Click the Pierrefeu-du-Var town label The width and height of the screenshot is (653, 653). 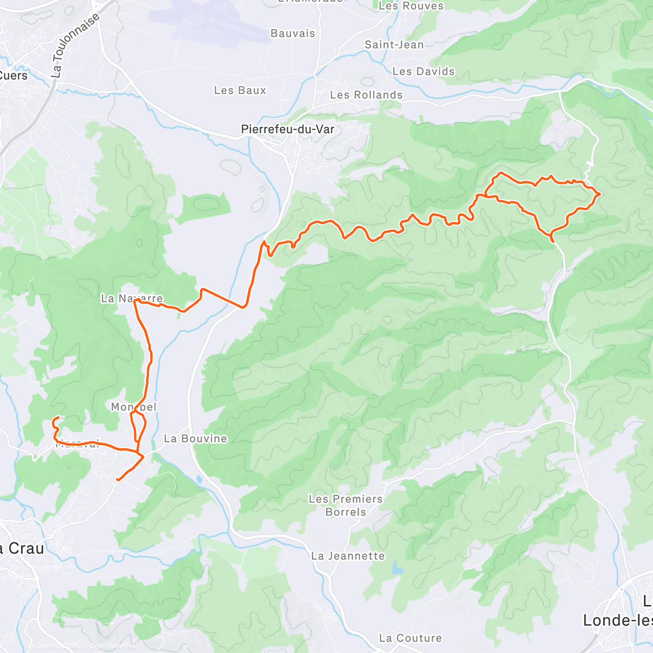(x=287, y=130)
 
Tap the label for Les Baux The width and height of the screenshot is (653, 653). (x=240, y=90)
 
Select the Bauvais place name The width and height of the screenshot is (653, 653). (x=293, y=34)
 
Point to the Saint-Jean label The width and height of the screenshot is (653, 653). (x=394, y=45)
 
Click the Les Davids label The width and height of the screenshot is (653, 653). (x=423, y=71)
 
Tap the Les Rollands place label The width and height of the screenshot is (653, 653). (x=366, y=95)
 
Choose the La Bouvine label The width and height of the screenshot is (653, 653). (x=195, y=439)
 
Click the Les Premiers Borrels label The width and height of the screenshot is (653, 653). (x=346, y=506)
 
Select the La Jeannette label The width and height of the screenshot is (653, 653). (x=348, y=556)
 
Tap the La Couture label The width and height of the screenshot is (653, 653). (x=410, y=638)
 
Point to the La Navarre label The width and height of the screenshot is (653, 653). (x=132, y=298)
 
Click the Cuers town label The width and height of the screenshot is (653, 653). (x=14, y=76)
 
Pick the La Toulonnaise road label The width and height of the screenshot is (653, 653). (x=76, y=45)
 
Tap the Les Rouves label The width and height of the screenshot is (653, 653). (x=411, y=6)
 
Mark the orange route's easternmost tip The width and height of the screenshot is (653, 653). (x=599, y=194)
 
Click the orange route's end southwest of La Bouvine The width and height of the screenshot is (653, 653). (x=118, y=479)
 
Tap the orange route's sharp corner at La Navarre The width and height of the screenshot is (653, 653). (x=134, y=301)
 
